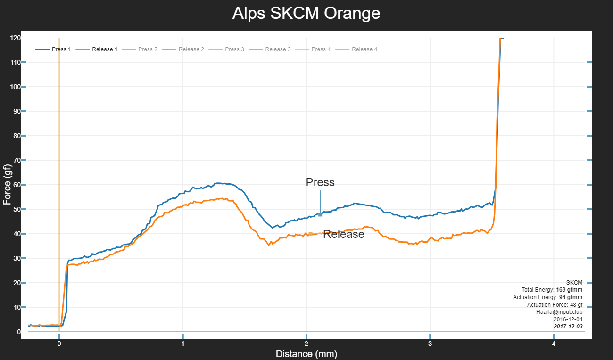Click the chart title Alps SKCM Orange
tap(306, 13)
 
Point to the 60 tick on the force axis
tap(16, 185)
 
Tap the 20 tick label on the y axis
tap(16, 283)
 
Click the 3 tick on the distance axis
tap(430, 344)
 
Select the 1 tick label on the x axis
tap(182, 344)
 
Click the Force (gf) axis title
tap(7, 185)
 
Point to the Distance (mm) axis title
tap(306, 354)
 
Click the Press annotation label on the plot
tap(320, 182)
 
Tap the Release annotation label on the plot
tap(344, 234)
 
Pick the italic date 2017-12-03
tap(568, 327)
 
